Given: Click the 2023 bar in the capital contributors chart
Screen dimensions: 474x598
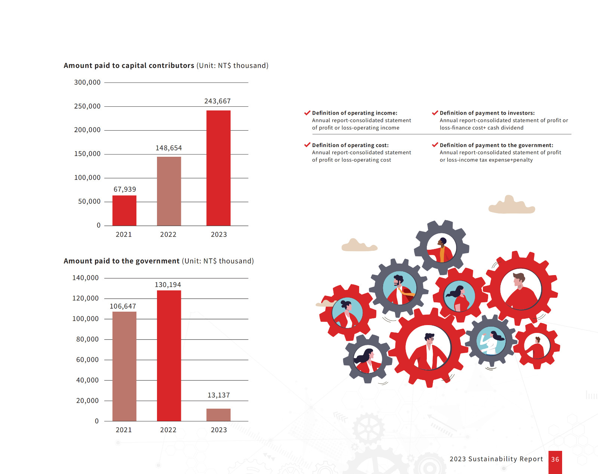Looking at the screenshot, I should (218, 168).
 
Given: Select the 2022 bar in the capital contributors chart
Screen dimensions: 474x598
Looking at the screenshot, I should (169, 191).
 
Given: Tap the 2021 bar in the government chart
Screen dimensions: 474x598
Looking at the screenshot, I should (124, 366).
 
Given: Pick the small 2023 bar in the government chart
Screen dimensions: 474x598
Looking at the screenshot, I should (218, 415).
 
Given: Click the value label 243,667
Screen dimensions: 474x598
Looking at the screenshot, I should (218, 101).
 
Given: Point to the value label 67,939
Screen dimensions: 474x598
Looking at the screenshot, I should (125, 189).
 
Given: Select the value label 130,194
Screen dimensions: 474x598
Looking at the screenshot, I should (168, 285).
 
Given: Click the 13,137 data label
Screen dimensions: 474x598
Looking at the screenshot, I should (219, 395).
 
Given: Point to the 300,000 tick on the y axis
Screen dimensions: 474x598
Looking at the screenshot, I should (87, 82).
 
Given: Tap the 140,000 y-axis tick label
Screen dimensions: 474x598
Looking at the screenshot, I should (85, 278).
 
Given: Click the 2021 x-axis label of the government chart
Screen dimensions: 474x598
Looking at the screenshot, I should (124, 430).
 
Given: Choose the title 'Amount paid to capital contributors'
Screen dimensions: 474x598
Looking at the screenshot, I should (129, 65).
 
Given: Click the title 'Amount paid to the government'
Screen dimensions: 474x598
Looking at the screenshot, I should (121, 261).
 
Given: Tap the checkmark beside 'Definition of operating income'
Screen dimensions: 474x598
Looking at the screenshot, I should (307, 113).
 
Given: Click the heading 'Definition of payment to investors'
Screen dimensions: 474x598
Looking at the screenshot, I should (487, 113).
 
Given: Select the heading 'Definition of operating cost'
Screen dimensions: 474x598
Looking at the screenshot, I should (350, 145).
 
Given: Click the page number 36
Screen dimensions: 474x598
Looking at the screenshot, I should (555, 459).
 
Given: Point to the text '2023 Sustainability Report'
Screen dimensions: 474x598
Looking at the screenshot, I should (496, 459).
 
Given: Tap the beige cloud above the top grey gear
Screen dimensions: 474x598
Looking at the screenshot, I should (512, 206).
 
